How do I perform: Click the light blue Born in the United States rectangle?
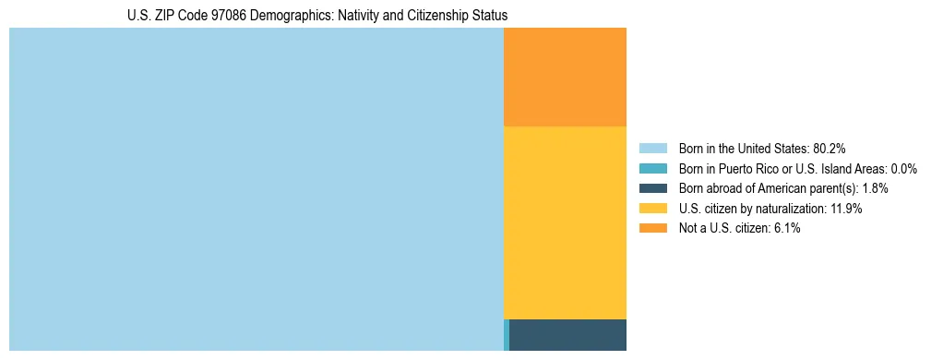(x=256, y=189)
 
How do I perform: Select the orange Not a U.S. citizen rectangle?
(x=565, y=77)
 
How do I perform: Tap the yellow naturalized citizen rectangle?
(x=565, y=222)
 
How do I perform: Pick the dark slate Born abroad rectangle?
(x=567, y=335)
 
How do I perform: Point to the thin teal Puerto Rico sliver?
(x=507, y=335)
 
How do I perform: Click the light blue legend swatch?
(x=652, y=148)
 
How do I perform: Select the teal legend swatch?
(x=652, y=168)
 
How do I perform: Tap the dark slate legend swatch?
(x=652, y=188)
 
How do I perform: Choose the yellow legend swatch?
(x=652, y=209)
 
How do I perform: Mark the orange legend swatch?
(x=652, y=228)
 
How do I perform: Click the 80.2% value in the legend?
(x=830, y=148)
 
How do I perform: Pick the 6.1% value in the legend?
(x=786, y=228)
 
